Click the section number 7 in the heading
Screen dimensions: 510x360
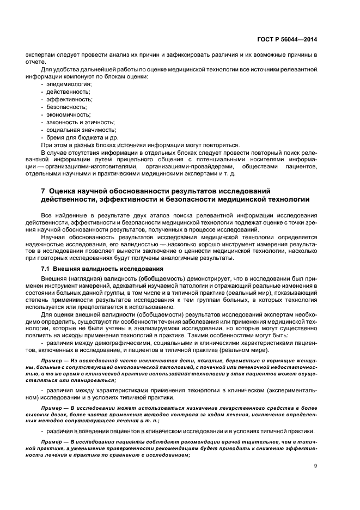44,191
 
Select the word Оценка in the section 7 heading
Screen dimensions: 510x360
63,191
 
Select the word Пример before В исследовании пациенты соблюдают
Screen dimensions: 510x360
52,440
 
